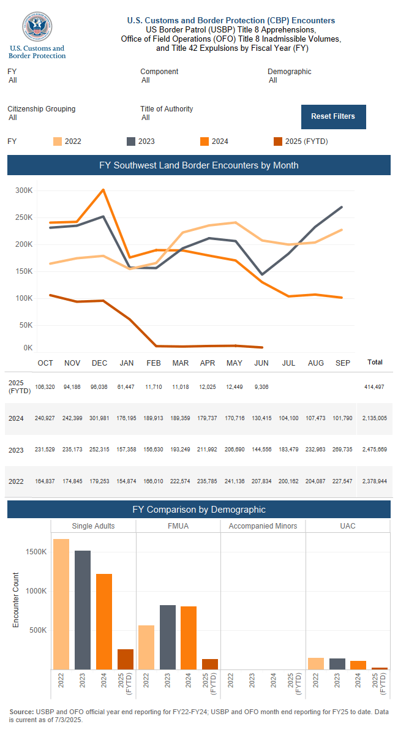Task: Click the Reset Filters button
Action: [333, 116]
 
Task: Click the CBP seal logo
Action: [37, 28]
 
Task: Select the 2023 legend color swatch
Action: [130, 141]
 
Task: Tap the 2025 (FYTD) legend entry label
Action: [307, 141]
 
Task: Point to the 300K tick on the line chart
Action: [24, 190]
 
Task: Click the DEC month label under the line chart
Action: [99, 363]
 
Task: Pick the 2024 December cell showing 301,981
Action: [99, 418]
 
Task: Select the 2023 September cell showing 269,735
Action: [343, 450]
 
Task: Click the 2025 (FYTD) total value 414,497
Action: [374, 387]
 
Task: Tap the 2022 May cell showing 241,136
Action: [235, 481]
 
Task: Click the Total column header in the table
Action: [375, 363]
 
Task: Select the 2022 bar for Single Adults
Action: [61, 604]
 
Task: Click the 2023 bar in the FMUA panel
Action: [168, 637]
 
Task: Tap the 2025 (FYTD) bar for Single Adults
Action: [126, 659]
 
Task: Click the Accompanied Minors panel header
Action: [263, 526]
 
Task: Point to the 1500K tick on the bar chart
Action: [36, 552]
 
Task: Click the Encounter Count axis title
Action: [16, 600]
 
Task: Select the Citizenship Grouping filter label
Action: [42, 109]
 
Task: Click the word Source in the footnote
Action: [21, 712]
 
